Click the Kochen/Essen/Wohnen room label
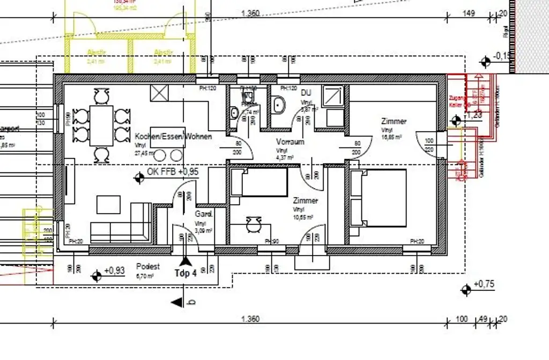(173, 137)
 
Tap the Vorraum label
(290, 142)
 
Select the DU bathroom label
(306, 93)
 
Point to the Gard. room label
(204, 214)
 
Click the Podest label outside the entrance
(148, 266)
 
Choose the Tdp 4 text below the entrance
(186, 272)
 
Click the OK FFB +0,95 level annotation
(173, 172)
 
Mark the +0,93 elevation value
(114, 271)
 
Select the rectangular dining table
(101, 125)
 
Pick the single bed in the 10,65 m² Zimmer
(260, 182)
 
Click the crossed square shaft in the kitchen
(160, 93)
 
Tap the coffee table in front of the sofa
(109, 204)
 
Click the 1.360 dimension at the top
(250, 13)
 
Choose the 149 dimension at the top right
(469, 13)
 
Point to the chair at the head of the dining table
(100, 96)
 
